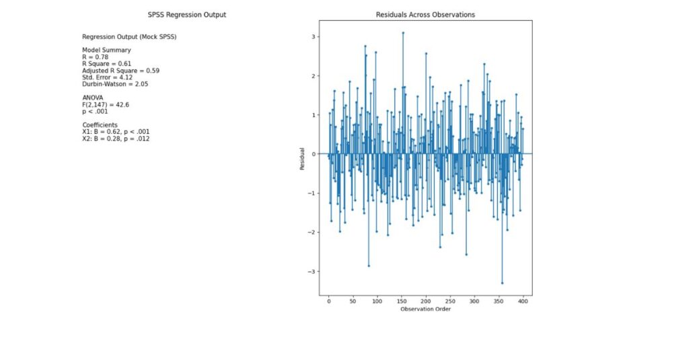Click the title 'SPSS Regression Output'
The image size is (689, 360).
(x=186, y=15)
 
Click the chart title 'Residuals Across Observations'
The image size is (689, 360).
(x=425, y=15)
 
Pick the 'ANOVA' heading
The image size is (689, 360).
(x=94, y=98)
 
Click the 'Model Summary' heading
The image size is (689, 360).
(x=106, y=50)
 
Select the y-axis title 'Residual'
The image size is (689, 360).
(x=303, y=158)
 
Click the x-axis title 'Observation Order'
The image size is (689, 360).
(x=425, y=310)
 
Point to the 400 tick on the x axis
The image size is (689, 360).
(x=523, y=301)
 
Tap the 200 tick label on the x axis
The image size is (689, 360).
(x=426, y=301)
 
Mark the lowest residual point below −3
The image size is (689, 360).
(x=502, y=283)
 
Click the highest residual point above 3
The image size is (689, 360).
(x=403, y=32)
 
